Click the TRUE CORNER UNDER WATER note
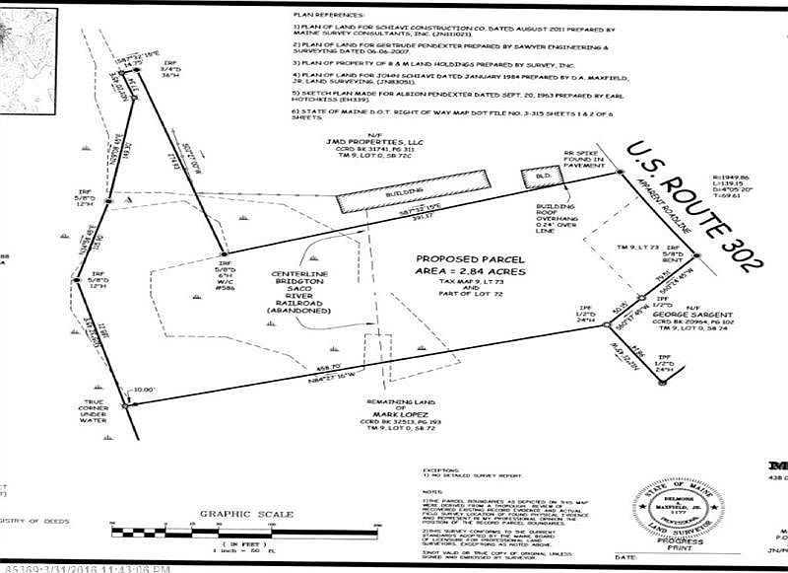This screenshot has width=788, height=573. tap(101, 418)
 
